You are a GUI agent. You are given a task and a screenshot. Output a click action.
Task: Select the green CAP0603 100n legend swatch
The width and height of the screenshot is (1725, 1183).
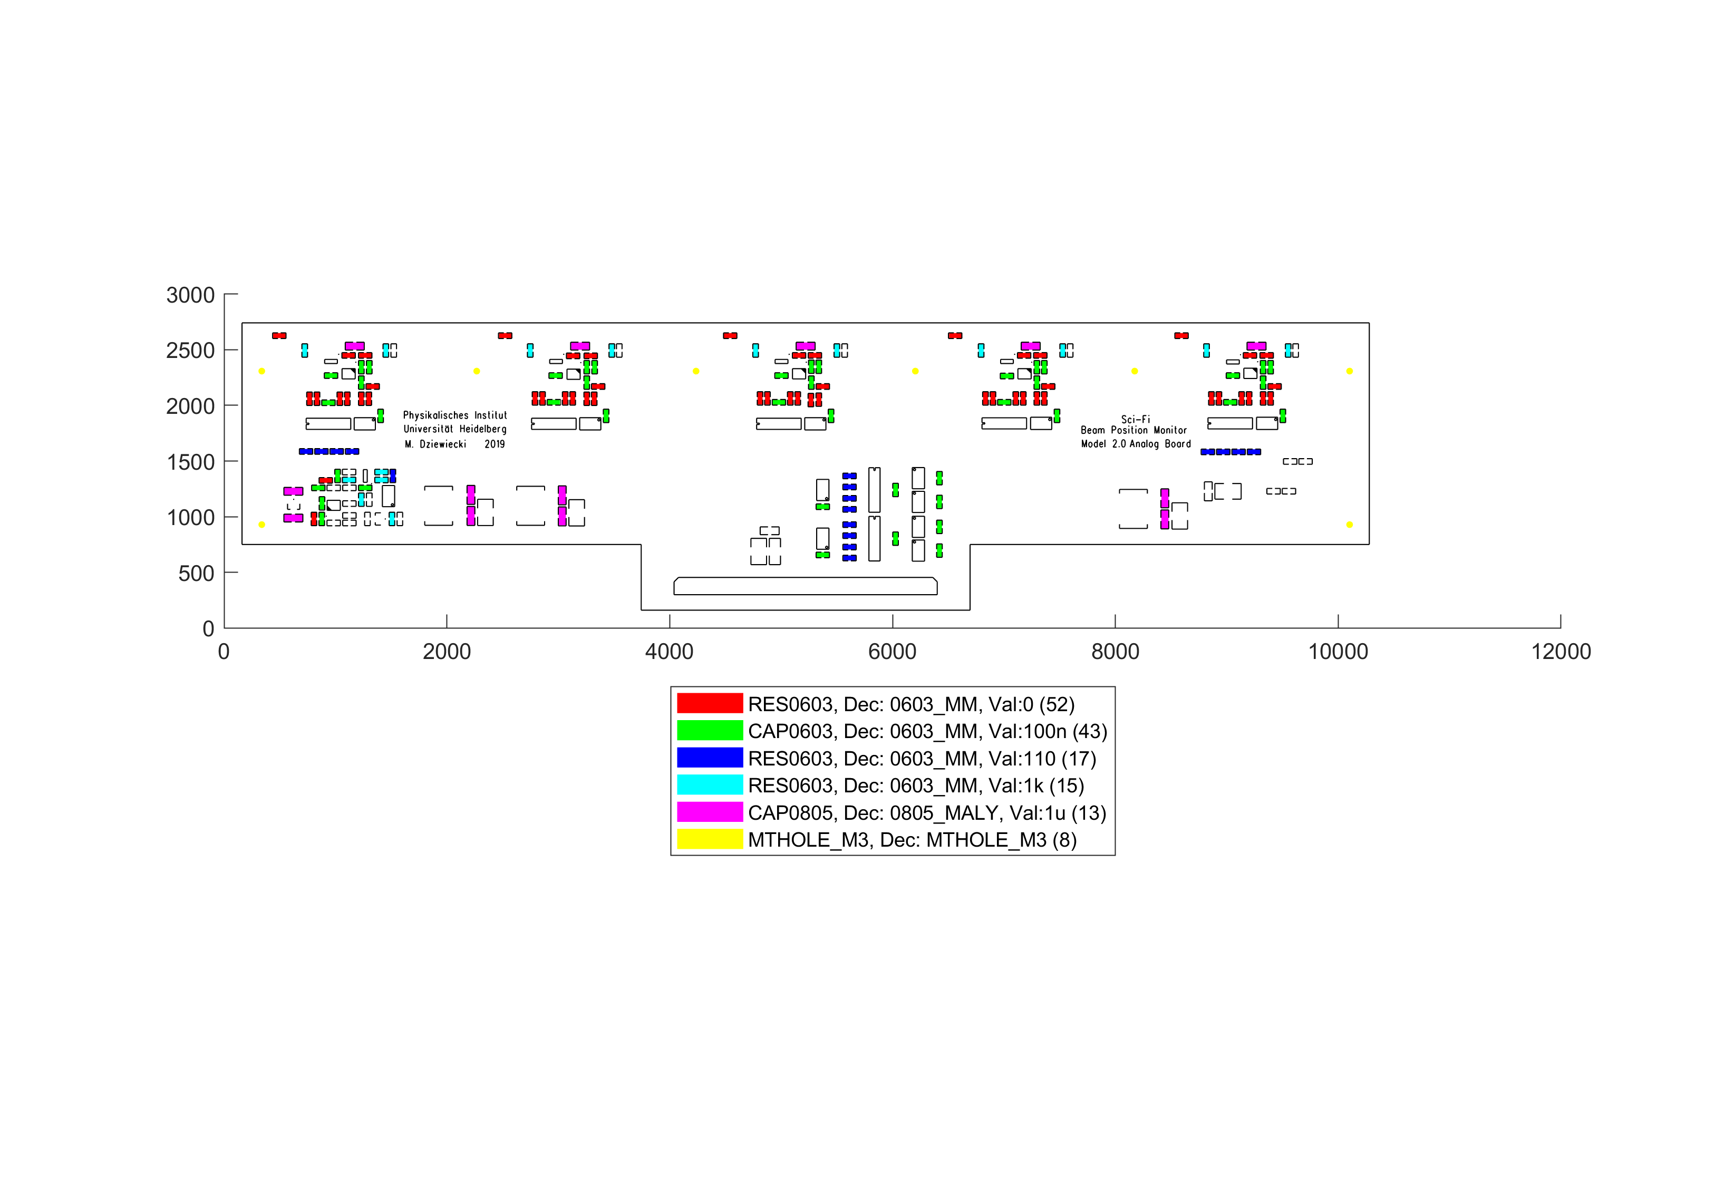tap(709, 730)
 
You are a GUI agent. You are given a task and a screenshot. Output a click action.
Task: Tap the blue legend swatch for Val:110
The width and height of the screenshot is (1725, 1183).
tap(709, 758)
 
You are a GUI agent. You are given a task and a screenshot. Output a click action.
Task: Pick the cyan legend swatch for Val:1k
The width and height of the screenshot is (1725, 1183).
tap(709, 784)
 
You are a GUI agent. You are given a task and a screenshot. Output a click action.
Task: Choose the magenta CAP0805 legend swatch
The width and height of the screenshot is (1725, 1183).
tap(709, 812)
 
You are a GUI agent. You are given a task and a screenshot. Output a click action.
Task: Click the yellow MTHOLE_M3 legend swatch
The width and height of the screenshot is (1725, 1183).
tap(709, 839)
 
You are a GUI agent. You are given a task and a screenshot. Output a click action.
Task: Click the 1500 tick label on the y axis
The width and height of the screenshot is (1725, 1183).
tap(190, 462)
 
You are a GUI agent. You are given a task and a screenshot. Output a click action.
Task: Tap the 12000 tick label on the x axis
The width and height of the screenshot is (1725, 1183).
tap(1560, 652)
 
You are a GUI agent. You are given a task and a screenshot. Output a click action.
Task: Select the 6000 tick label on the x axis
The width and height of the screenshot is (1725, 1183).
tap(891, 652)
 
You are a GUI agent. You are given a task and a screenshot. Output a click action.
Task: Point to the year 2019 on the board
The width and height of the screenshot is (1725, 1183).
tap(495, 444)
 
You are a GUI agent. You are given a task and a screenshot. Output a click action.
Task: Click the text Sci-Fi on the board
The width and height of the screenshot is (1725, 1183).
tap(1135, 419)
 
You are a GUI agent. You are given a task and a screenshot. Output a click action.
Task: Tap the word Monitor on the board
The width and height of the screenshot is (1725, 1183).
tap(1170, 431)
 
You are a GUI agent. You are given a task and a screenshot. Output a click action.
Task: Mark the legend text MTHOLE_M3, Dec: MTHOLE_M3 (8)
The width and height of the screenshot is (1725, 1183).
tap(912, 839)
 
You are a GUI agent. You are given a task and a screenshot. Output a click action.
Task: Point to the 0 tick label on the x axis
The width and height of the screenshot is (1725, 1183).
tap(224, 652)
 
